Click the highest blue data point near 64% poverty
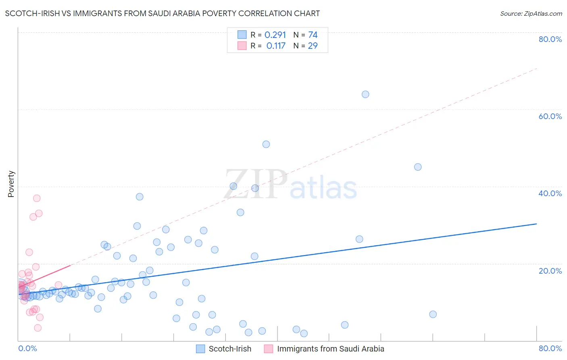pyautogui.click(x=365, y=94)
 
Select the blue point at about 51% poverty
pyautogui.click(x=266, y=144)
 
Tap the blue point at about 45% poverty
pyautogui.click(x=418, y=167)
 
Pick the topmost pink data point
pyautogui.click(x=37, y=198)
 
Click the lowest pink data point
pyautogui.click(x=38, y=328)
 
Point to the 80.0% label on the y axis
pyautogui.click(x=550, y=39)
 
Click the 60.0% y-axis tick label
pyautogui.click(x=550, y=116)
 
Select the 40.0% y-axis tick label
pyautogui.click(x=550, y=193)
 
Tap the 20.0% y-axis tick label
pyautogui.click(x=550, y=271)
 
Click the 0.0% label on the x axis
pyautogui.click(x=27, y=348)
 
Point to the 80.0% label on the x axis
pyautogui.click(x=550, y=348)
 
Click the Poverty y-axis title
pyautogui.click(x=11, y=184)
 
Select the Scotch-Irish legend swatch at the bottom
pyautogui.click(x=200, y=349)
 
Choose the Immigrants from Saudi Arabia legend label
pyautogui.click(x=330, y=349)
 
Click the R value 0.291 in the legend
pyautogui.click(x=275, y=35)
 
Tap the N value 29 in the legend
pyautogui.click(x=313, y=46)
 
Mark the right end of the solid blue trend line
pyautogui.click(x=536, y=224)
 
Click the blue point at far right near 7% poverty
pyautogui.click(x=433, y=314)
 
